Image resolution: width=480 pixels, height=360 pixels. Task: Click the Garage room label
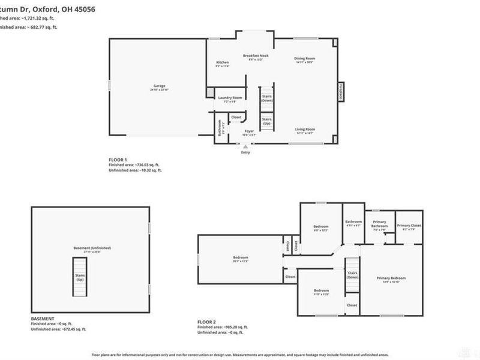point(159,86)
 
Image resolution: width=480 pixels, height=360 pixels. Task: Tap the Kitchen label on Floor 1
point(222,62)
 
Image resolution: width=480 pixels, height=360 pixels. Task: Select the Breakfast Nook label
point(256,56)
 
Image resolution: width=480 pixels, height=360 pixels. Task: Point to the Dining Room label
point(305,58)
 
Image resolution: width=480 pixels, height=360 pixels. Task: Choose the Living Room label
point(305,129)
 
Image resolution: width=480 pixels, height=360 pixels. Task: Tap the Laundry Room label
point(230,97)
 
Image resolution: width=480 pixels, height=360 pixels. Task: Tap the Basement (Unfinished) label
point(93,248)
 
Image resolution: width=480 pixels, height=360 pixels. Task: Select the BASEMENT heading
point(43,318)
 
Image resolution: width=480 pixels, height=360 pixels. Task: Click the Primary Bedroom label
point(391,278)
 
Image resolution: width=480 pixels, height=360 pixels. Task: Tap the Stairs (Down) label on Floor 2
point(352,275)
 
